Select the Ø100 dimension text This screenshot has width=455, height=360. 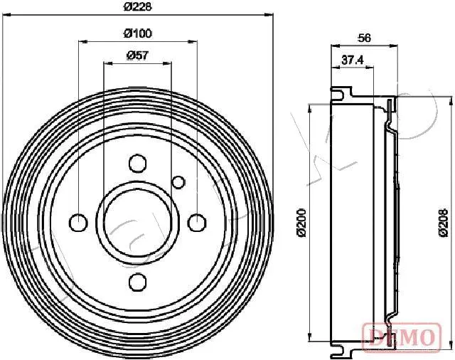[x=137, y=33]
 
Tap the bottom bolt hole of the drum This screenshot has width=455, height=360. [x=137, y=281]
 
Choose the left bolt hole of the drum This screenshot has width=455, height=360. [x=78, y=223]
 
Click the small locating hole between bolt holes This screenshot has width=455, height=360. [x=178, y=181]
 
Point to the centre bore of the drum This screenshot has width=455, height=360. [x=137, y=223]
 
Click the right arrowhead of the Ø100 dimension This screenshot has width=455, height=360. [x=193, y=41]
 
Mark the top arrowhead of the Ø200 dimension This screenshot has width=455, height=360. [x=310, y=107]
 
